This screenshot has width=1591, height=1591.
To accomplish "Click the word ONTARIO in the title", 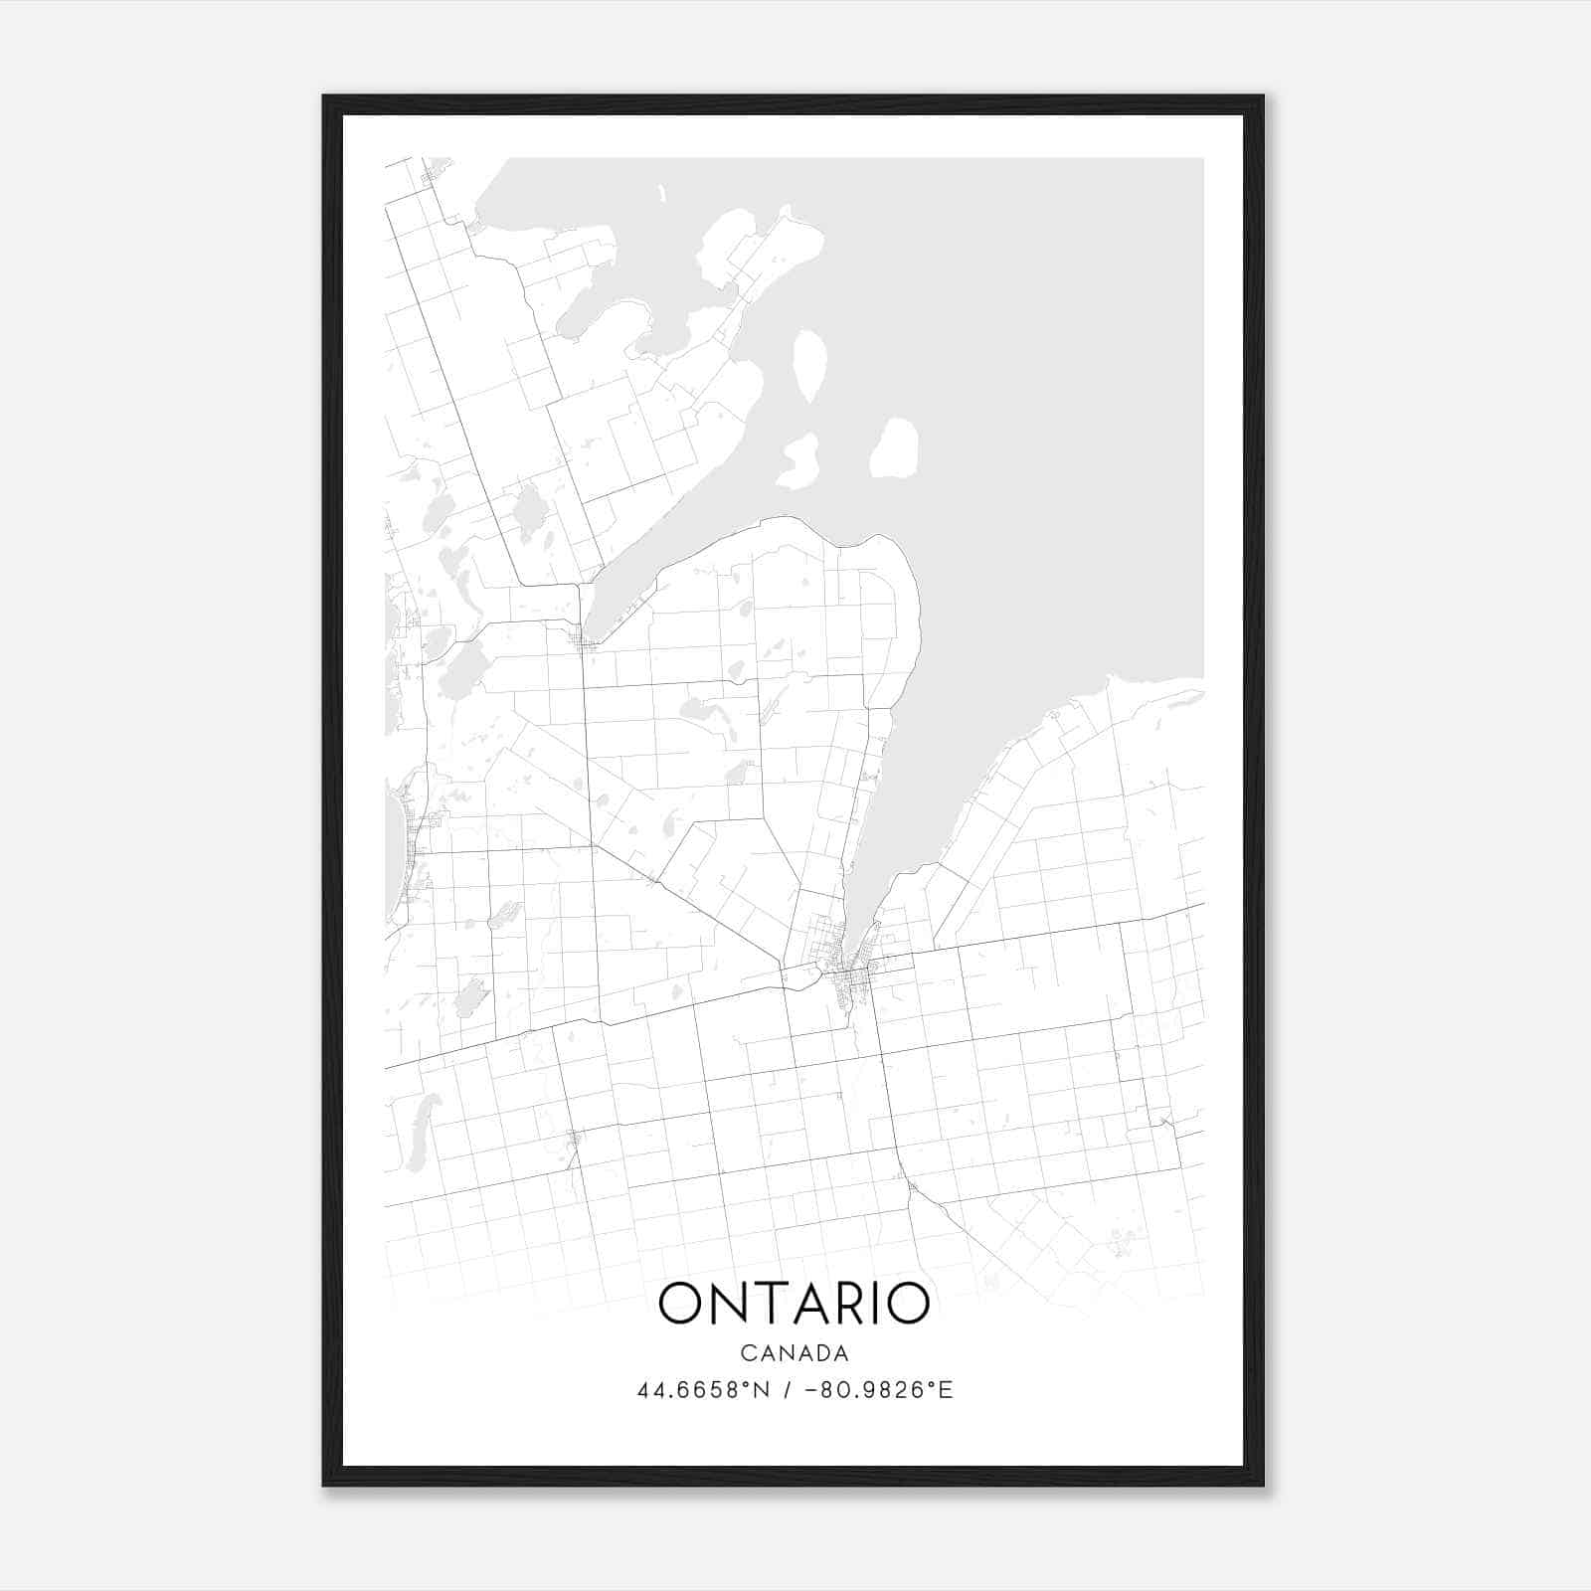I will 794,1304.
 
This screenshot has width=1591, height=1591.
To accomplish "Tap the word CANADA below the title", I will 794,1353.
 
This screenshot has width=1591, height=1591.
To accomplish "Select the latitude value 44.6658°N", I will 704,1390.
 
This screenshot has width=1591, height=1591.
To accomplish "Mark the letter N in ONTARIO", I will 732,1304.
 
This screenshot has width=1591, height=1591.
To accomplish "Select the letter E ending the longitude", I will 947,1390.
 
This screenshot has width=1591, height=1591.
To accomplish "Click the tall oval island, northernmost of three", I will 809,365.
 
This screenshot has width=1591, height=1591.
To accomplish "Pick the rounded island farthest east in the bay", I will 894,448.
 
